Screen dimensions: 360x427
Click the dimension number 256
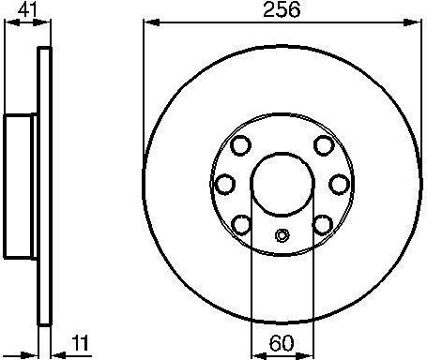(281, 12)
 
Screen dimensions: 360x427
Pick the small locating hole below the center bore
(282, 236)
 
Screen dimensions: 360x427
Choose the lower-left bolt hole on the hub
(240, 223)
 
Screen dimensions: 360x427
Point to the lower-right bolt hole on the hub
(323, 223)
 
